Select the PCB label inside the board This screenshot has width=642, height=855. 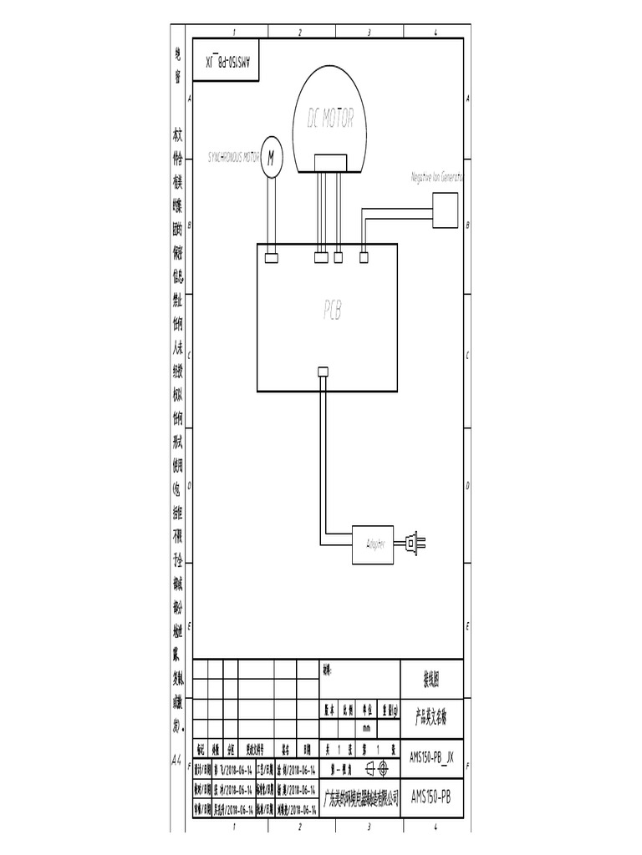pos(333,311)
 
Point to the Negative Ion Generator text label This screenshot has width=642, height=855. pos(436,178)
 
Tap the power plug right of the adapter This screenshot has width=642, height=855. pos(414,544)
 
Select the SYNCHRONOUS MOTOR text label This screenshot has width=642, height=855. pos(233,156)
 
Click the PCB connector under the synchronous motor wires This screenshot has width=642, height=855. pos(271,258)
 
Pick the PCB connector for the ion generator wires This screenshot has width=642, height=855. pos(364,258)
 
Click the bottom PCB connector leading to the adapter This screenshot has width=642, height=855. pos(323,372)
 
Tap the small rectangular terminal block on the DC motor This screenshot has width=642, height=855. pos(329,162)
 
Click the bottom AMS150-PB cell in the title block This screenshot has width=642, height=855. pos(432,797)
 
